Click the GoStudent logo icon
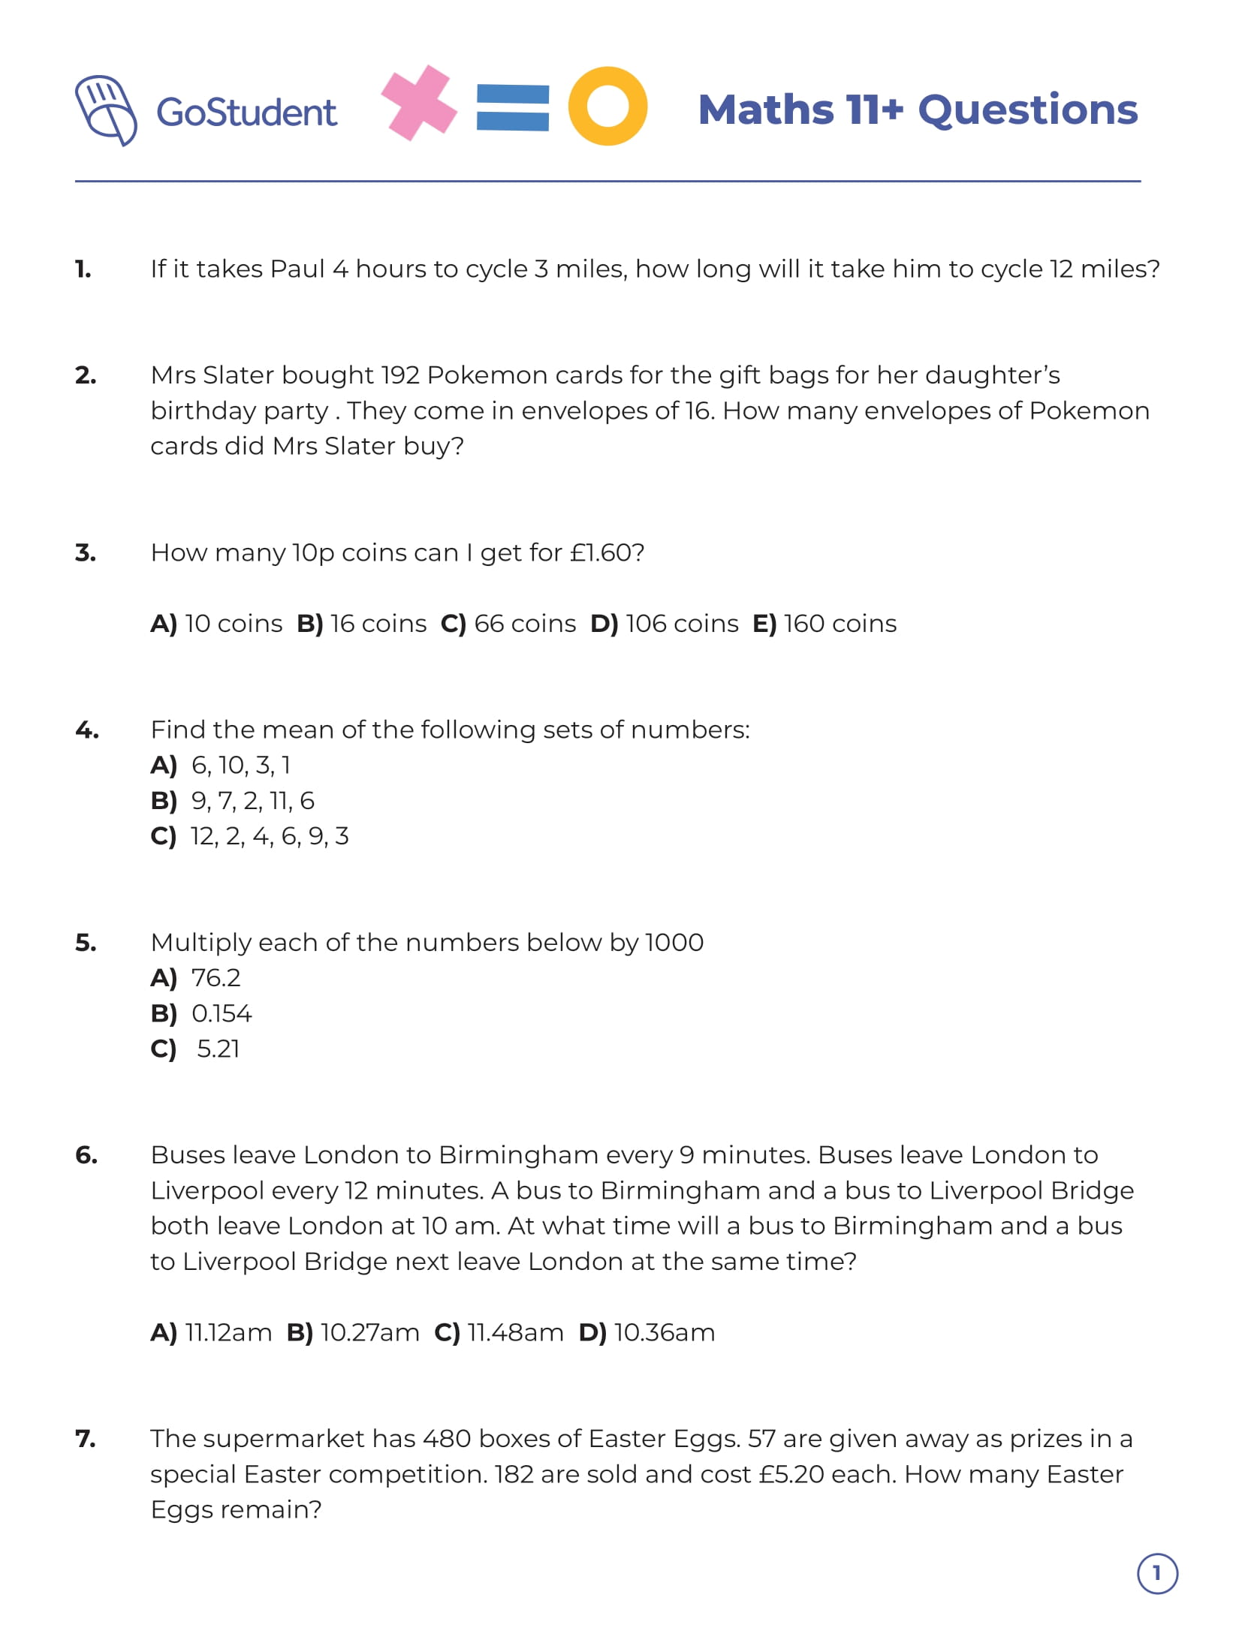105,110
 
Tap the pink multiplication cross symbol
418,103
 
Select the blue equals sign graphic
513,107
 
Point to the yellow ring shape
607,106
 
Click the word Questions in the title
1027,110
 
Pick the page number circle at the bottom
1157,1573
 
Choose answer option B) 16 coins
362,624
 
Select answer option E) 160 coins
824,624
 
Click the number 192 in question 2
399,375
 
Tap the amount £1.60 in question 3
599,553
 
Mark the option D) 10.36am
647,1333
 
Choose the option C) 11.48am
499,1333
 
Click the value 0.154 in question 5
222,1014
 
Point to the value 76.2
216,978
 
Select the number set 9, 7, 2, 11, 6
252,801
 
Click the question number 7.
85,1439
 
